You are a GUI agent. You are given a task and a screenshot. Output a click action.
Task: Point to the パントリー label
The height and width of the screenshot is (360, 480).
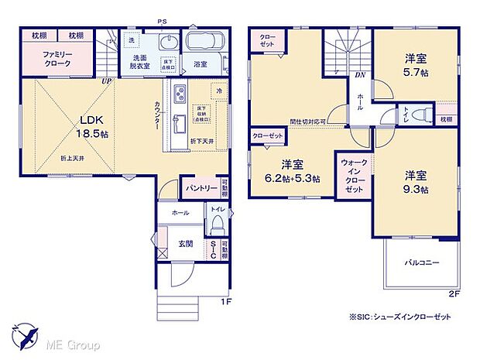pyautogui.click(x=200, y=187)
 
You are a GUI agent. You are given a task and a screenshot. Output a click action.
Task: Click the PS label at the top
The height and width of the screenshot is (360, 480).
pyautogui.click(x=162, y=21)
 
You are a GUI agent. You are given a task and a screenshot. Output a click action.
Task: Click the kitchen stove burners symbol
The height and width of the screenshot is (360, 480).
pyautogui.click(x=179, y=94)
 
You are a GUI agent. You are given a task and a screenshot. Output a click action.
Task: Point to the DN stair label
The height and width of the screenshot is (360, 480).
pyautogui.click(x=359, y=75)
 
